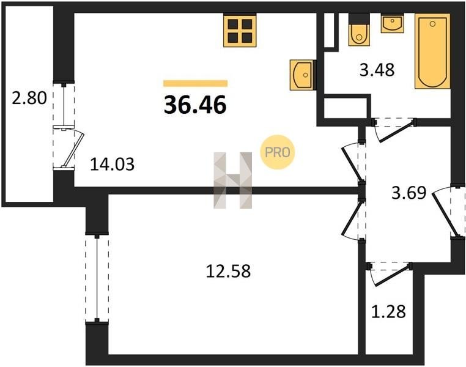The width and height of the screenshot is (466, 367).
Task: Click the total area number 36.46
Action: tap(195, 105)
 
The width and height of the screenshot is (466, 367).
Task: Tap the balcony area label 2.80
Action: tap(29, 98)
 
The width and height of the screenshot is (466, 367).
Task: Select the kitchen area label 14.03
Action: tap(112, 165)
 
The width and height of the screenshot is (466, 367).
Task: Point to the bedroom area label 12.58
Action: tap(228, 271)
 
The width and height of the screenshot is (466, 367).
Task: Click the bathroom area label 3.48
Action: tap(377, 70)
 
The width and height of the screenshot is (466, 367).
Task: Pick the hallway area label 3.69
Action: tap(409, 193)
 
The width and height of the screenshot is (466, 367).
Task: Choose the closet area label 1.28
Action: tap(388, 312)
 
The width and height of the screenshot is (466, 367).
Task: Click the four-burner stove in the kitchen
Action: tap(240, 31)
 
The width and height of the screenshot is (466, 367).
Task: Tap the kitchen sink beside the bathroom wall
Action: tap(301, 75)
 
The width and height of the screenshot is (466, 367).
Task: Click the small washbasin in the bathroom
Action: tap(392, 23)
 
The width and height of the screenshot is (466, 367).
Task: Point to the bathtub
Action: tap(432, 51)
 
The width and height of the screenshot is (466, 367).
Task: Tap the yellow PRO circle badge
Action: tap(277, 152)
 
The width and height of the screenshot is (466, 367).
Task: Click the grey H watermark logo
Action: tap(233, 180)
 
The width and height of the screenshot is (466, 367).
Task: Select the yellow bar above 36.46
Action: tap(195, 84)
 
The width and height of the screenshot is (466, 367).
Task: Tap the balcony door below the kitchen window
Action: tap(68, 147)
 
